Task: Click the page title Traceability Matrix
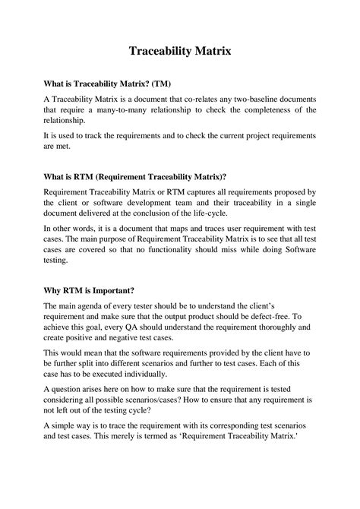pos(179,52)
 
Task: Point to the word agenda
pos(95,307)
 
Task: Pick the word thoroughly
pos(260,328)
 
